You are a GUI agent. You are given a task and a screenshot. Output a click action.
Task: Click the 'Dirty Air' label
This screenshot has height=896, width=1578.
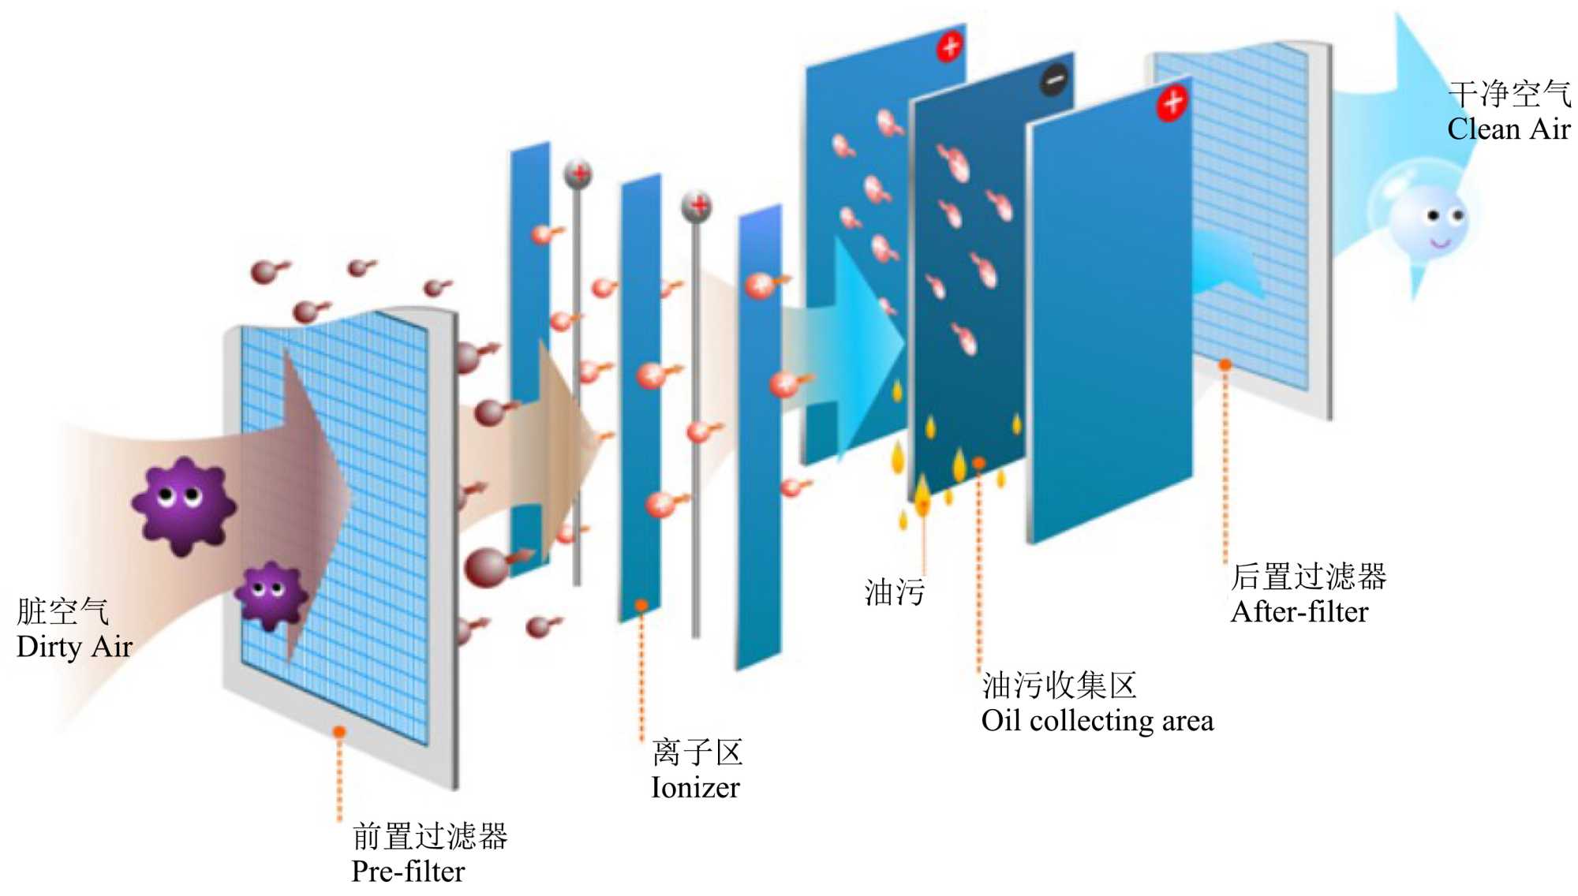74,647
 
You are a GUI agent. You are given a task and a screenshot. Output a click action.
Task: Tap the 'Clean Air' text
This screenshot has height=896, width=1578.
1508,129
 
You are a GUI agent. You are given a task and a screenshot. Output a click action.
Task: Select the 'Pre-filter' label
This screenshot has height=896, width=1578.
408,871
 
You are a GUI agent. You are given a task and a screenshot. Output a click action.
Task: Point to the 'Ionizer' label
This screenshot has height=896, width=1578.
695,787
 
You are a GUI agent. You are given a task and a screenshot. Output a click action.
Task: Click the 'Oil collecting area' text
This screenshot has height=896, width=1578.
1097,720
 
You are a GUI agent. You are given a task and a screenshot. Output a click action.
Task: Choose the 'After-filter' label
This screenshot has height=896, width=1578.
1299,612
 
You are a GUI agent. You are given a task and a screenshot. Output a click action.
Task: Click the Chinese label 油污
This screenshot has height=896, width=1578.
894,592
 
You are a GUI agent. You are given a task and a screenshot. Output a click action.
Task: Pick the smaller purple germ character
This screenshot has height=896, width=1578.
271,594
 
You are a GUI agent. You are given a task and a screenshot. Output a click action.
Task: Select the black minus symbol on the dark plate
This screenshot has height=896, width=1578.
1055,80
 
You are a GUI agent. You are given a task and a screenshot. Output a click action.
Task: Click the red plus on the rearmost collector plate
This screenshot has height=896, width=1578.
950,47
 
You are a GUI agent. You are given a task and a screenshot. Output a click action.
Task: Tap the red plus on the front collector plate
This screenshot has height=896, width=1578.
1172,102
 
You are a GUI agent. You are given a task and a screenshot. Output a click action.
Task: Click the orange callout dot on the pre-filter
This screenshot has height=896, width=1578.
339,732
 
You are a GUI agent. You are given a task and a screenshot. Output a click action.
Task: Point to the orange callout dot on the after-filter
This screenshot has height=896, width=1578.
1225,364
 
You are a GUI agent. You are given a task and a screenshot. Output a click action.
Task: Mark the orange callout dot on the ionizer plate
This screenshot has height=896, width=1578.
641,605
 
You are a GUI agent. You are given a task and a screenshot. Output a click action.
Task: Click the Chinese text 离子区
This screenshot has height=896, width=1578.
697,752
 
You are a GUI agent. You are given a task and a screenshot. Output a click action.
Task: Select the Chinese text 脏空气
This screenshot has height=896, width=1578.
62,611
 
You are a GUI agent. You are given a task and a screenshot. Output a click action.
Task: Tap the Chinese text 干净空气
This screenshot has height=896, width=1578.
1509,94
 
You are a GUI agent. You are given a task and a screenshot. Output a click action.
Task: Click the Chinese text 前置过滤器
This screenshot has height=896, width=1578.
429,836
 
